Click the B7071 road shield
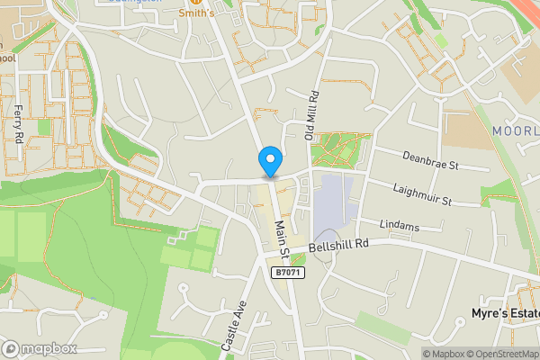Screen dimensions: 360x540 click(x=286, y=272)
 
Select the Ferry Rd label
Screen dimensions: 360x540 click(x=18, y=121)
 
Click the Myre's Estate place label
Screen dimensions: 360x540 click(x=505, y=313)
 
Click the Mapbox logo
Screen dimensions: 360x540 click(x=40, y=348)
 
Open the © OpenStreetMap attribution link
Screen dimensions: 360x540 click(x=498, y=353)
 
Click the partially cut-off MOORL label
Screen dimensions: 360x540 click(x=515, y=131)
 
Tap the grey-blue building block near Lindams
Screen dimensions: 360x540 click(x=332, y=202)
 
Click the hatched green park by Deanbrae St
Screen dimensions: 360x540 click(x=340, y=148)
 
